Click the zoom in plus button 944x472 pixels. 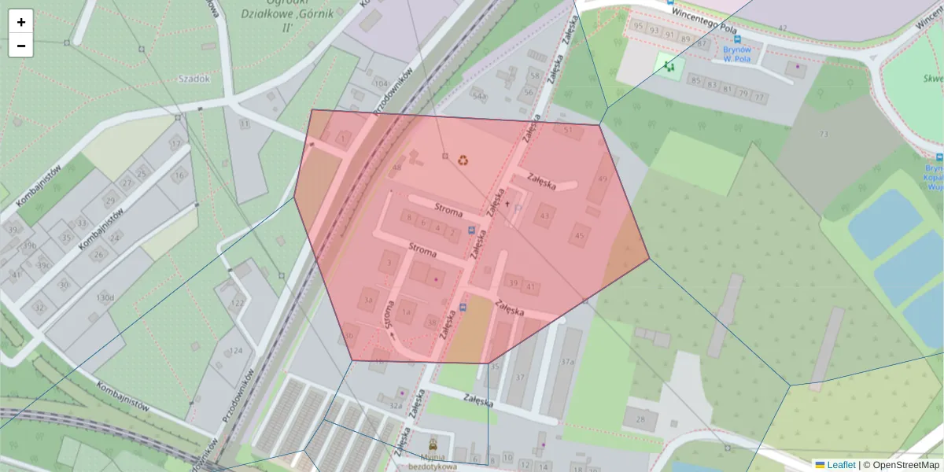pyautogui.click(x=21, y=22)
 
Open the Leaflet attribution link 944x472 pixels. pyautogui.click(x=840, y=465)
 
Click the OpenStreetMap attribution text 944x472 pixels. pyautogui.click(x=905, y=465)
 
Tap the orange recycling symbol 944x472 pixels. pyautogui.click(x=463, y=160)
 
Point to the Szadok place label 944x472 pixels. pyautogui.click(x=194, y=79)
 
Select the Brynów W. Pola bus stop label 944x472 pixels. pyautogui.click(x=738, y=53)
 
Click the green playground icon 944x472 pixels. pyautogui.click(x=669, y=67)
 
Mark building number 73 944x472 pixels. pyautogui.click(x=824, y=135)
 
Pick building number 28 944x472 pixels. pyautogui.click(x=640, y=419)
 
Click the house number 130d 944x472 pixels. pyautogui.click(x=105, y=297)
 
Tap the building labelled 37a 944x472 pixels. pyautogui.click(x=568, y=362)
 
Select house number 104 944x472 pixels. pyautogui.click(x=382, y=83)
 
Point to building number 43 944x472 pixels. pyautogui.click(x=545, y=215)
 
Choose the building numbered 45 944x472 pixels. pyautogui.click(x=581, y=235)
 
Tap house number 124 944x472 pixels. pyautogui.click(x=237, y=351)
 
